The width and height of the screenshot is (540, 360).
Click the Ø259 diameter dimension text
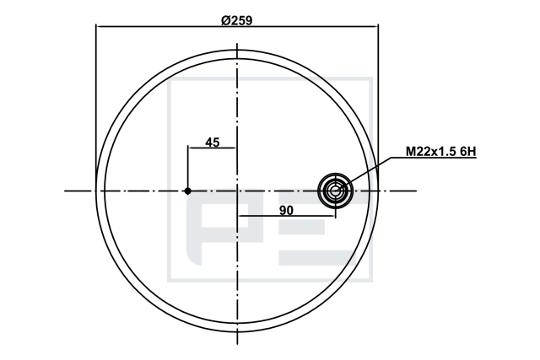(x=237, y=20)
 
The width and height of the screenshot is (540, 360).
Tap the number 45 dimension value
(x=212, y=142)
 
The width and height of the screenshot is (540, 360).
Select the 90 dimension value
(x=286, y=210)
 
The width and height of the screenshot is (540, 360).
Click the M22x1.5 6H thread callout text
(x=441, y=151)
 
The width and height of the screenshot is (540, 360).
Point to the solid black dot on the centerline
(x=187, y=191)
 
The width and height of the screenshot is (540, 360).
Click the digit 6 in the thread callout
(x=462, y=151)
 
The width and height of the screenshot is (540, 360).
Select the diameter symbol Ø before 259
(x=225, y=20)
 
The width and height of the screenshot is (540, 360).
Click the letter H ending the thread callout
(x=472, y=151)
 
